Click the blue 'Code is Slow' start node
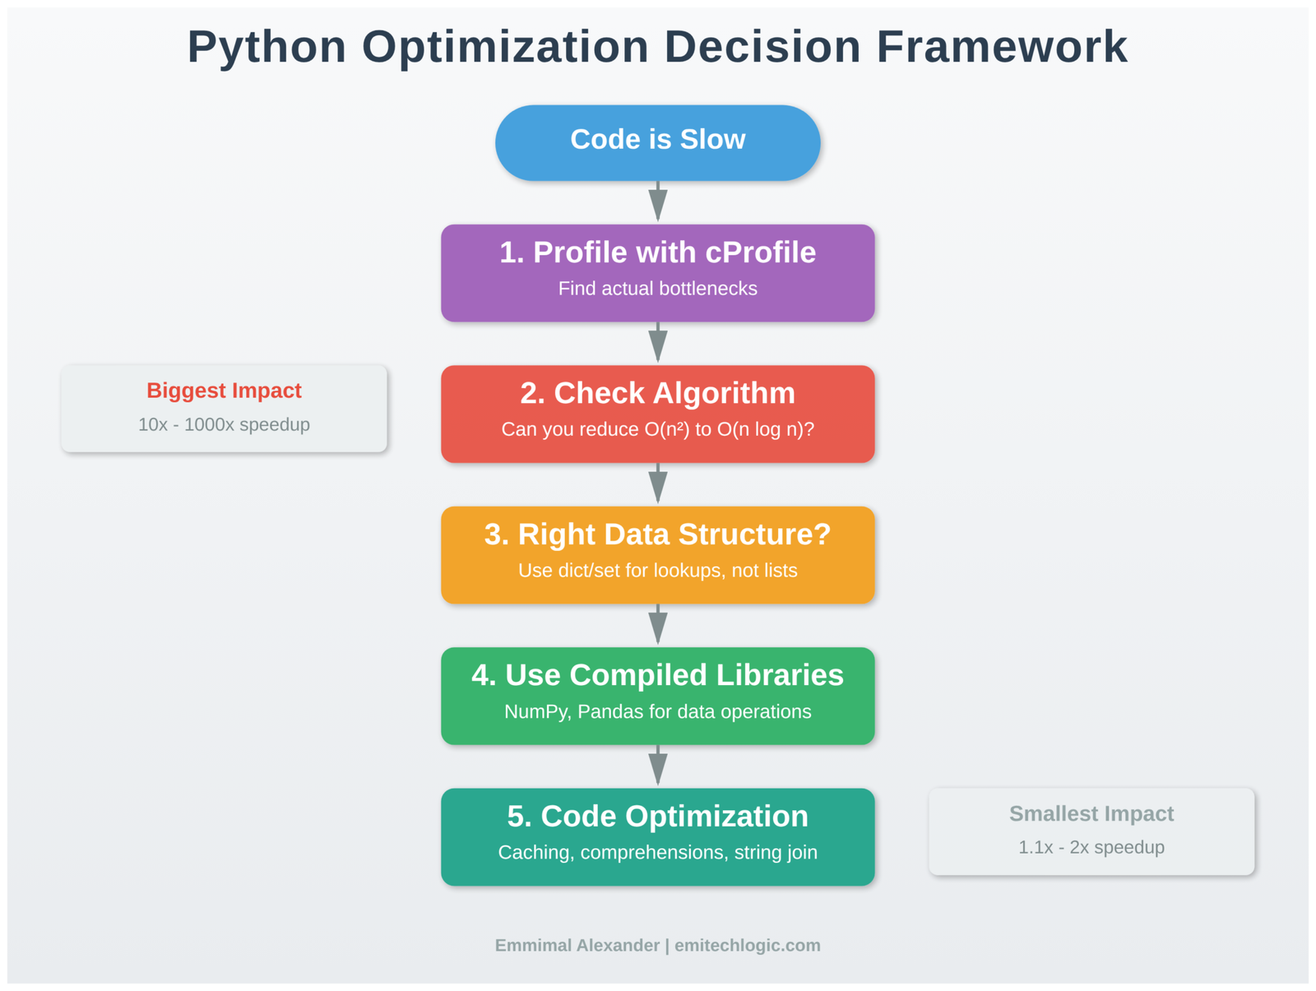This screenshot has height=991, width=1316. point(657,141)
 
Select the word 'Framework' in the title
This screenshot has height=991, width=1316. point(1001,47)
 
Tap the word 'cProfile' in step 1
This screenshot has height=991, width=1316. point(760,252)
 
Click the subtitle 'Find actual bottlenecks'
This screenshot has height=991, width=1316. point(657,289)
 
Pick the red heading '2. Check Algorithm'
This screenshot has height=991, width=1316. point(657,393)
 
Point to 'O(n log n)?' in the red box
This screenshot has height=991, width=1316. point(765,429)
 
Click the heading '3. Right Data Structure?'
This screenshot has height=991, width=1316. point(657,535)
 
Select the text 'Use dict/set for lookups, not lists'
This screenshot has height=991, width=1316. point(657,571)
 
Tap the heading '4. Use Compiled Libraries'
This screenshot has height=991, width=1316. point(657,675)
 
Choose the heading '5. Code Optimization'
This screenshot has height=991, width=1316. point(657,817)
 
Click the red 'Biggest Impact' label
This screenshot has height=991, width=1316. point(224,391)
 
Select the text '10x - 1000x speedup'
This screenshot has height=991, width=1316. point(224,425)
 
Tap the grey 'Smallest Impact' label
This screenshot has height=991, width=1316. point(1091,814)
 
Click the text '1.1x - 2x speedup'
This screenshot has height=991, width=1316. point(1091,848)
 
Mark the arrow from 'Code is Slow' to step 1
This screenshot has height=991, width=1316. point(657,201)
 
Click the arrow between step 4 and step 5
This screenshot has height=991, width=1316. point(657,766)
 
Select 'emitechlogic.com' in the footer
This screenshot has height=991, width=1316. point(747,946)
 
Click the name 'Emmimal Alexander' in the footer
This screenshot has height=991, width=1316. point(577,946)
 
